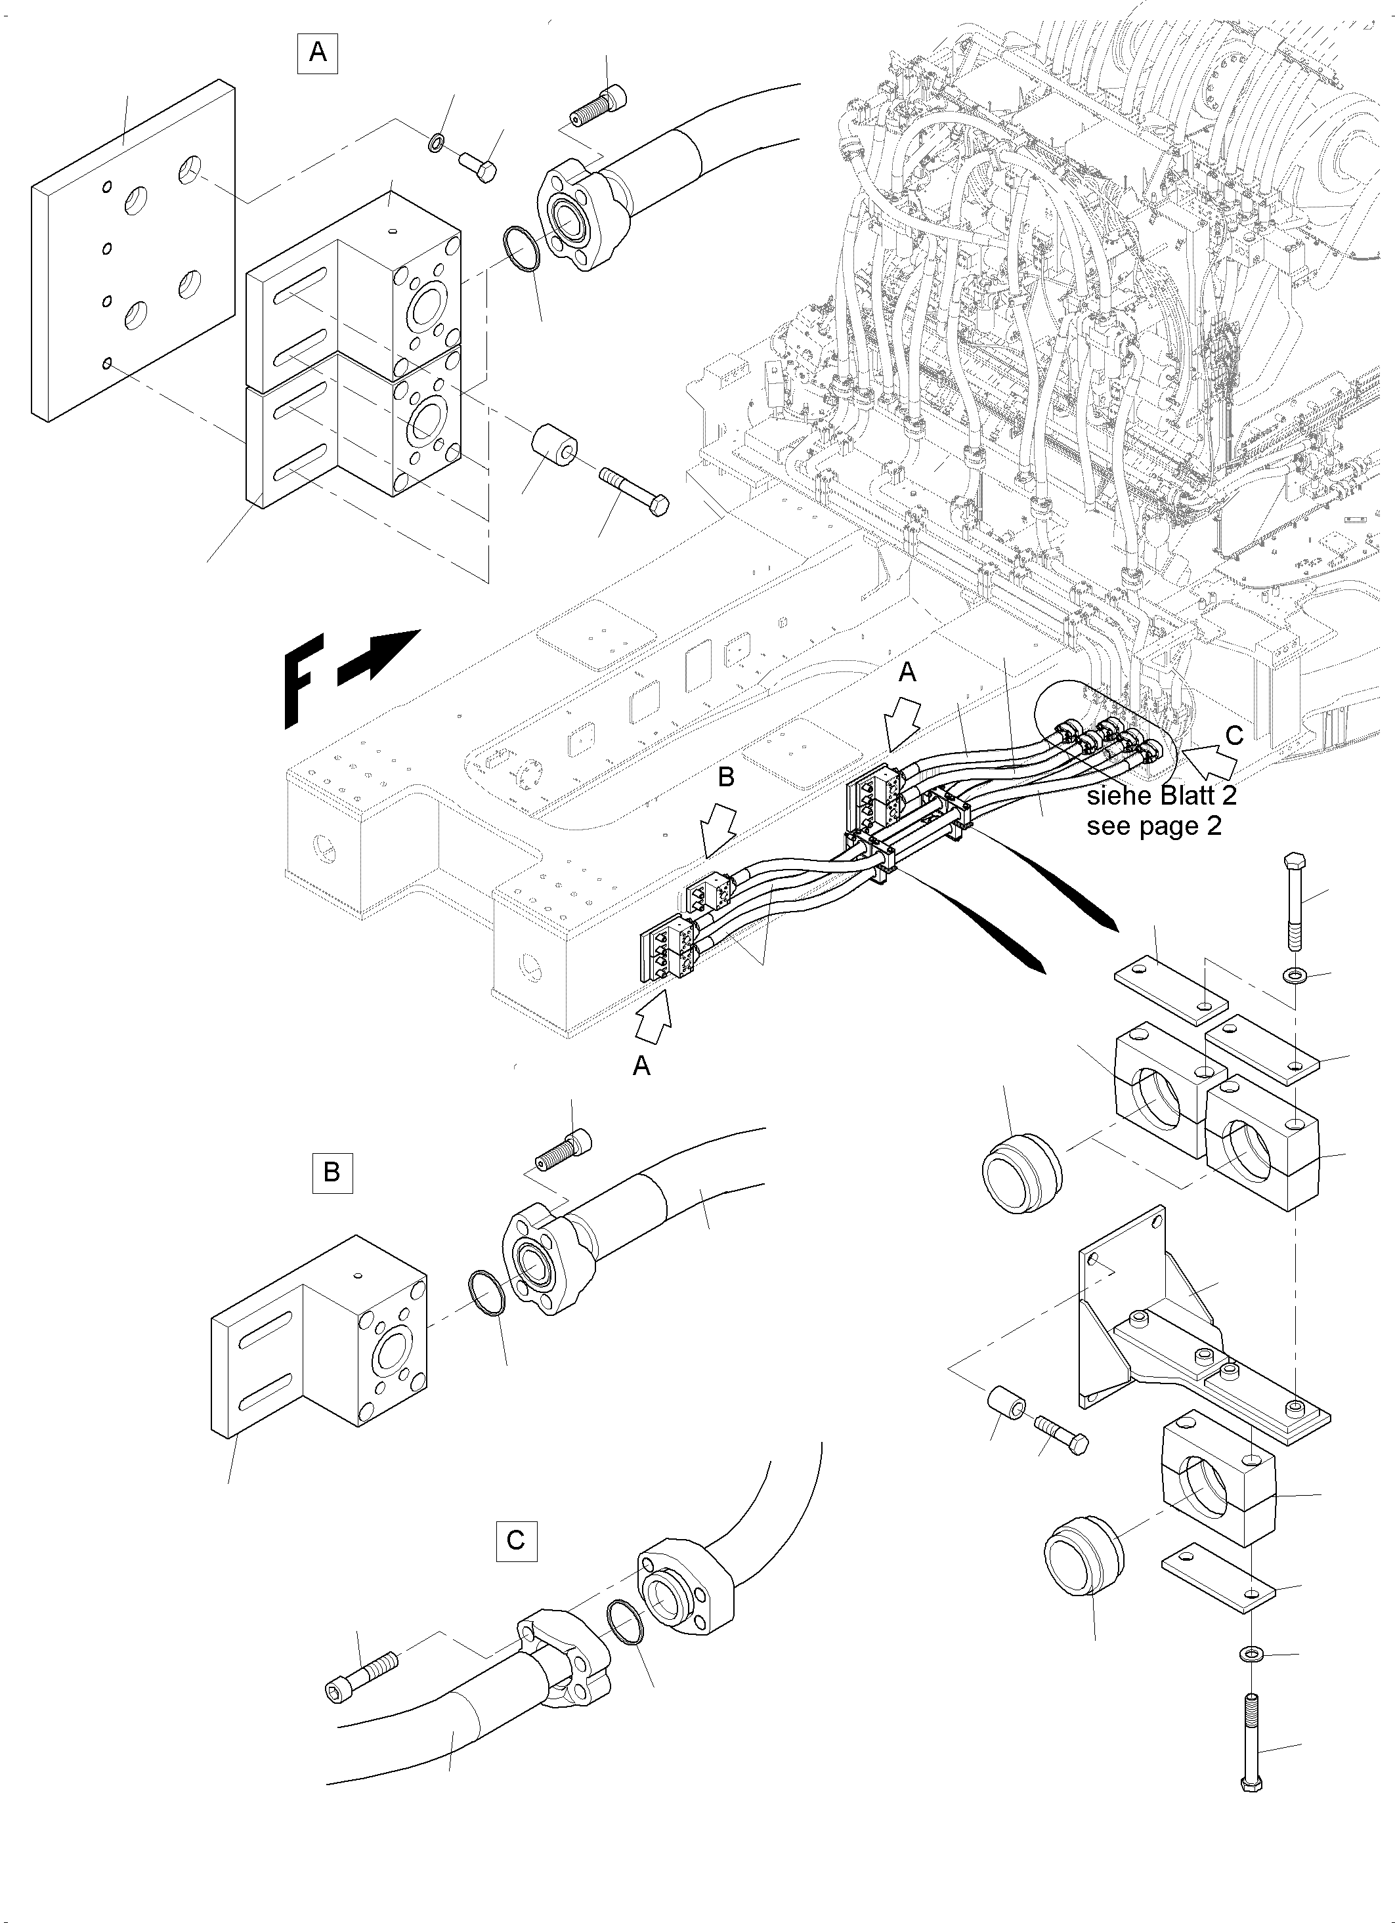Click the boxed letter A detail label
(x=317, y=53)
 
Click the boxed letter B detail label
(x=332, y=1173)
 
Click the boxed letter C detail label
(x=515, y=1539)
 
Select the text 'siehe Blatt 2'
(x=1161, y=795)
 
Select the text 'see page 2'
(x=1153, y=826)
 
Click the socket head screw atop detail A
(x=599, y=104)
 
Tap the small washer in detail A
(x=436, y=140)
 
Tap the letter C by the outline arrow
(x=1234, y=736)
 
